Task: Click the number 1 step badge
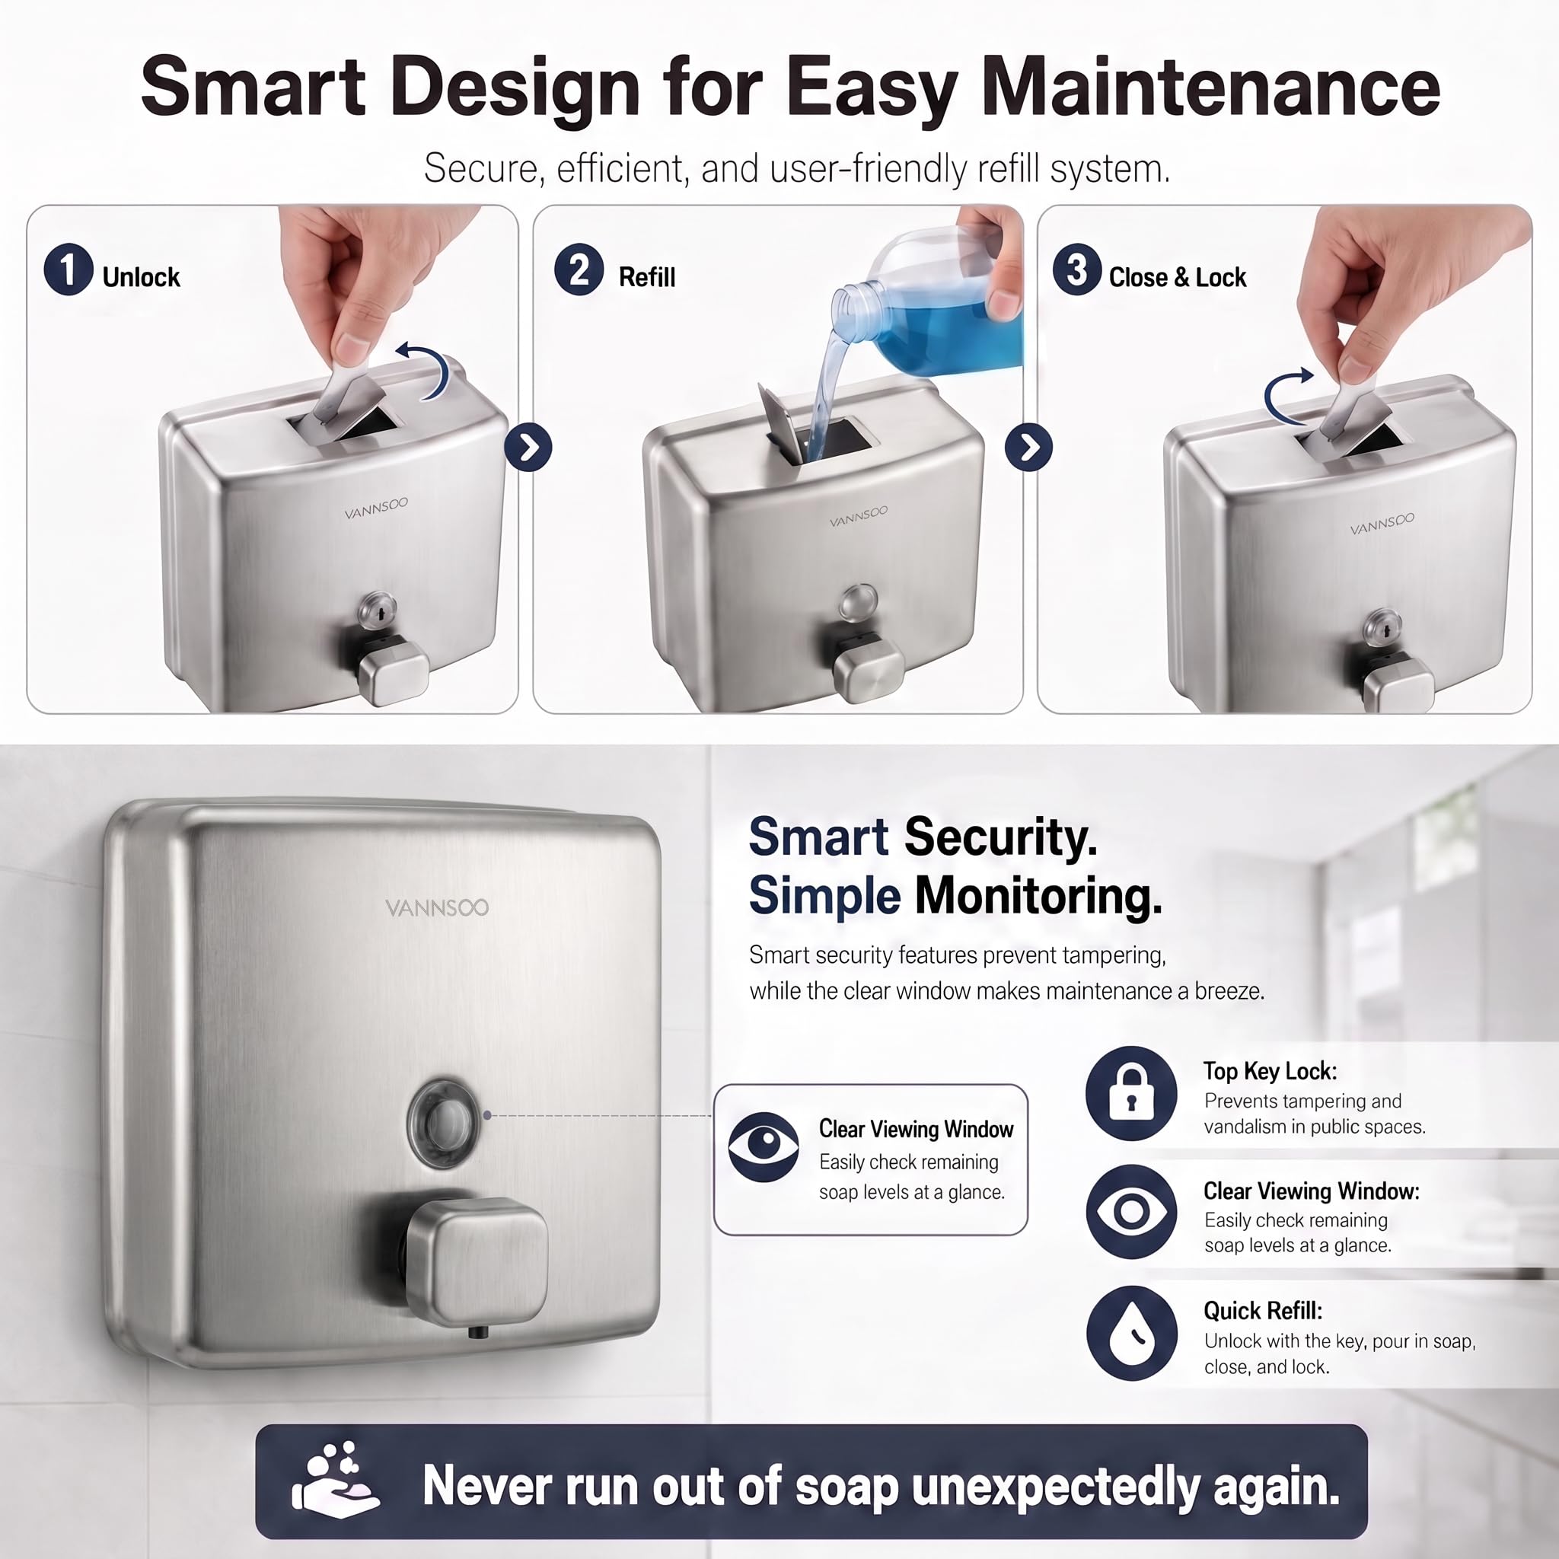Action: pos(69,269)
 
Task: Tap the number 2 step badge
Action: pos(579,269)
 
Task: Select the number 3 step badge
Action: pos(1076,269)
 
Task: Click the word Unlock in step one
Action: pos(142,278)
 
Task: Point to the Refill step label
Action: pos(647,278)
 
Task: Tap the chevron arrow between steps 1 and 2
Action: pos(528,447)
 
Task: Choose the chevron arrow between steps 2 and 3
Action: pos(1029,447)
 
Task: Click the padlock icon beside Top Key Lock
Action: pos(1131,1093)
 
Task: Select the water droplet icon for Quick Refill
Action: pos(1131,1333)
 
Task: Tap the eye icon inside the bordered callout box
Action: pos(764,1146)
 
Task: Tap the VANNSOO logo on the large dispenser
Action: pos(436,908)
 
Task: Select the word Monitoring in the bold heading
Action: pos(1038,896)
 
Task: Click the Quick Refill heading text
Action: pos(1263,1311)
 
